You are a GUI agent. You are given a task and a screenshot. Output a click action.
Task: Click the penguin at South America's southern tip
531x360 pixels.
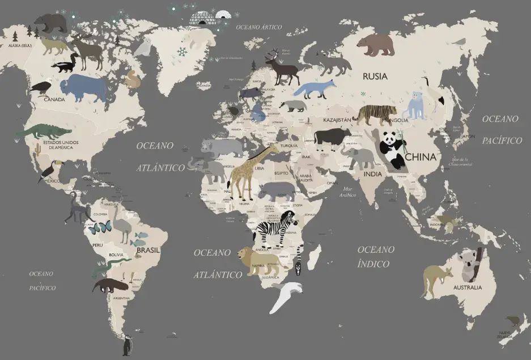128,345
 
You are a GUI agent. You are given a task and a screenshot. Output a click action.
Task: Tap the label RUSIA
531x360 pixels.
375,76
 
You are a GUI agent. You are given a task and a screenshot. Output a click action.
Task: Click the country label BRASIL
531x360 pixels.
148,250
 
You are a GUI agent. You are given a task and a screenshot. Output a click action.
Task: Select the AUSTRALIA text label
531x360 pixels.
468,287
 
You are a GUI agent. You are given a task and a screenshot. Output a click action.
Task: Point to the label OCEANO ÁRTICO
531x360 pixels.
258,27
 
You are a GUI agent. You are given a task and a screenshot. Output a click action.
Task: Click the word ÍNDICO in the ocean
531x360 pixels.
373,264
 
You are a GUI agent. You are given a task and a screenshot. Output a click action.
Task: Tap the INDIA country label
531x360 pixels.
372,174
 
